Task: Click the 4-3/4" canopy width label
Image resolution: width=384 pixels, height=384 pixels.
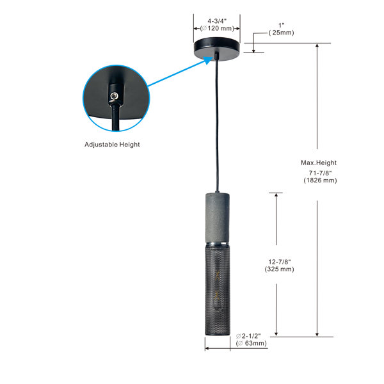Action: [217, 21]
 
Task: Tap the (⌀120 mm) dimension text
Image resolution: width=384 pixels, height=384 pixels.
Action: [217, 28]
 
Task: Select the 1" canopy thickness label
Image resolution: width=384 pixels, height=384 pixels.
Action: [282, 25]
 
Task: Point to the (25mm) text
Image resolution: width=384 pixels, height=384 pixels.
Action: [281, 33]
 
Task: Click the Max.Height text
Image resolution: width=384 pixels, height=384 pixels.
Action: [319, 163]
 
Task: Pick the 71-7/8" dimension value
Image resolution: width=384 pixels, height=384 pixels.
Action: [320, 173]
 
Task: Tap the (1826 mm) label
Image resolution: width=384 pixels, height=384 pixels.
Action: [320, 180]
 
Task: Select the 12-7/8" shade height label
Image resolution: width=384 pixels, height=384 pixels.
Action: [280, 262]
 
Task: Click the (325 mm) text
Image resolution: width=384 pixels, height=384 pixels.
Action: [279, 269]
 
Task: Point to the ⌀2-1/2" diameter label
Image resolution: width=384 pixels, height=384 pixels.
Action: [248, 336]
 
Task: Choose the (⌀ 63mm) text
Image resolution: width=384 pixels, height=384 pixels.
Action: [251, 343]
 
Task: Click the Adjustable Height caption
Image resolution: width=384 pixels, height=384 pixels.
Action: [112, 145]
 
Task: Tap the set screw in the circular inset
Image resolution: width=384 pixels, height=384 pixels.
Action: [114, 96]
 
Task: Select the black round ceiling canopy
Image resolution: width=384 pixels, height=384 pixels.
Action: [217, 49]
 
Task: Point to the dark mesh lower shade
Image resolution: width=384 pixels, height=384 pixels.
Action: [218, 291]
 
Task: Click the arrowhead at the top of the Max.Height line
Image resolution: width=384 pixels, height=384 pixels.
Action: [317, 46]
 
